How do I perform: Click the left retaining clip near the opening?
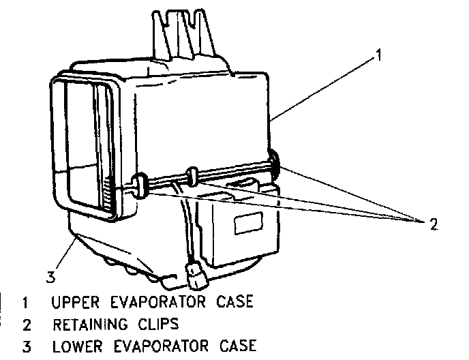coord(139,186)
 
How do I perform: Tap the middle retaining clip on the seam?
coord(193,176)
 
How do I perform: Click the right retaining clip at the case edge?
coord(275,162)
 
